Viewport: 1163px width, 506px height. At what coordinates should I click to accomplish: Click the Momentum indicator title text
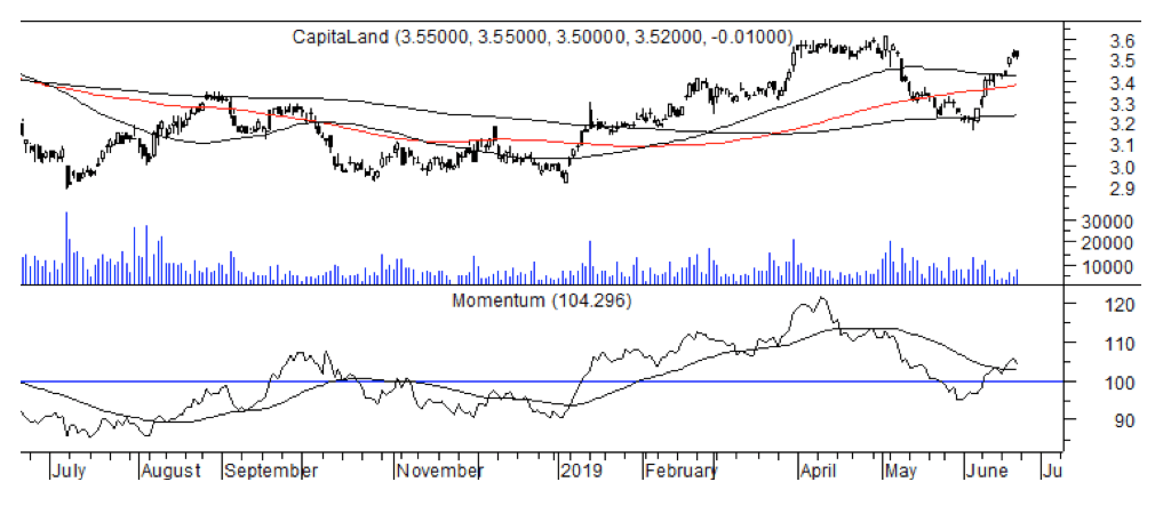tap(498, 300)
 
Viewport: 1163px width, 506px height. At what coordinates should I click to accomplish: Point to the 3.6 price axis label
tap(1121, 41)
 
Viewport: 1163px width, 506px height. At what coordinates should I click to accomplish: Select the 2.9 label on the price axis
tap(1121, 189)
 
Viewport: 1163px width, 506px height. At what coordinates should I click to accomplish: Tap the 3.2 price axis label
tap(1121, 124)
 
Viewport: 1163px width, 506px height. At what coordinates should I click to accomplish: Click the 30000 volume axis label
tap(1107, 222)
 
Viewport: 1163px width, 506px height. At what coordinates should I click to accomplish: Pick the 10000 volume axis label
tap(1107, 267)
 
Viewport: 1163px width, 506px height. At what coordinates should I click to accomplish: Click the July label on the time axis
tap(69, 471)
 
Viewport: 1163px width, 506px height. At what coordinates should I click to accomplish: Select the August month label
tap(171, 471)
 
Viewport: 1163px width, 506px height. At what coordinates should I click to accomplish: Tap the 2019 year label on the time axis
tap(581, 471)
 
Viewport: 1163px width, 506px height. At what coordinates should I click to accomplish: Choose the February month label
tap(680, 471)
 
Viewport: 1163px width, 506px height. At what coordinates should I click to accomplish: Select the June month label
tap(986, 471)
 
